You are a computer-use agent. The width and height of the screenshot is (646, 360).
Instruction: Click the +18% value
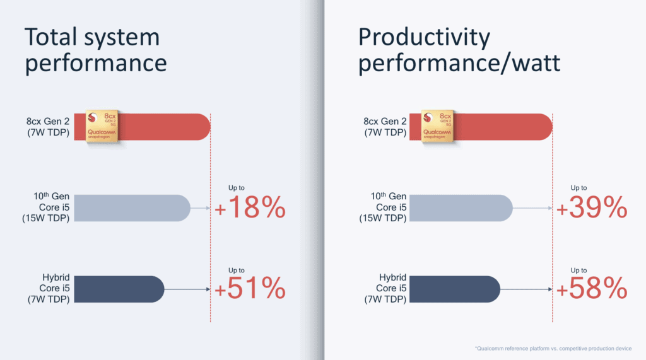(x=250, y=209)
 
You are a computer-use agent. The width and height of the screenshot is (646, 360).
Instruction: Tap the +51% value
(x=250, y=289)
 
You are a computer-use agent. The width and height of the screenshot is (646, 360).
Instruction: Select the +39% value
(x=592, y=209)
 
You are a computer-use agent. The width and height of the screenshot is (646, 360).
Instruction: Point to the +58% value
(x=592, y=289)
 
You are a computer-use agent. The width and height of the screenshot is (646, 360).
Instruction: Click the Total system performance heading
(x=95, y=50)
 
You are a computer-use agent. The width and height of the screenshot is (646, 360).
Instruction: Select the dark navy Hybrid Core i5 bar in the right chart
(x=454, y=289)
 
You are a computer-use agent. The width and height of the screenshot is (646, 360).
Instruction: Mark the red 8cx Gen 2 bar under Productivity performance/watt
(x=505, y=127)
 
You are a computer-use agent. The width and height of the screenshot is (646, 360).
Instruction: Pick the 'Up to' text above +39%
(x=578, y=188)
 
